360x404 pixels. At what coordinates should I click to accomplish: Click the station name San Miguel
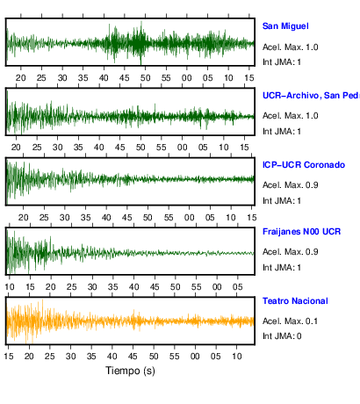[x=285, y=26]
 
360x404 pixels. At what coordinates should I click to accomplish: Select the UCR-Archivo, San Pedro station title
[x=311, y=96]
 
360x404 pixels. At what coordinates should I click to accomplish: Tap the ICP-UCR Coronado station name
[x=304, y=165]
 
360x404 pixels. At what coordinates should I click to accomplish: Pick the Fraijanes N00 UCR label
[x=301, y=232]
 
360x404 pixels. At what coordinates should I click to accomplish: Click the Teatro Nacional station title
[x=295, y=301]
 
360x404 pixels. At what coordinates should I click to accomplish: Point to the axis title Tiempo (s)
[x=130, y=371]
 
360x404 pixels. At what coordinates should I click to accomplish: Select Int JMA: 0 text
[x=282, y=335]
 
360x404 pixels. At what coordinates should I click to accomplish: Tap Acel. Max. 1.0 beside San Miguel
[x=290, y=47]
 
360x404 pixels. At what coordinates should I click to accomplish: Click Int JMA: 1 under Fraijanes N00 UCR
[x=282, y=267]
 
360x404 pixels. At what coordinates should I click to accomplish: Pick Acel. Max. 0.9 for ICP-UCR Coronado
[x=290, y=185]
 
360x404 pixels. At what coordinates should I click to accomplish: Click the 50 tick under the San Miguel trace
[x=145, y=78]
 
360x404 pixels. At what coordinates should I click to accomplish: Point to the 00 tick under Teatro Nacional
[x=195, y=357]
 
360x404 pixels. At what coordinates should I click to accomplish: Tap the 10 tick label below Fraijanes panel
[x=10, y=287]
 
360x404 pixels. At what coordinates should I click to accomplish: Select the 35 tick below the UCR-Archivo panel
[x=78, y=148]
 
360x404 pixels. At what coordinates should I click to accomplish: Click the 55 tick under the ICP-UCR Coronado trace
[x=169, y=218]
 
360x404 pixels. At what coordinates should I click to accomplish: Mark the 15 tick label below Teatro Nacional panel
[x=9, y=357]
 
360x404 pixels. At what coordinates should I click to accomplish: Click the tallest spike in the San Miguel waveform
[x=141, y=42]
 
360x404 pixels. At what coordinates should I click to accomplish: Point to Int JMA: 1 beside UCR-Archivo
[x=282, y=132]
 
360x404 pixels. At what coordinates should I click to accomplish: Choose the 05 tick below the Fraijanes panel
[x=238, y=287]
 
